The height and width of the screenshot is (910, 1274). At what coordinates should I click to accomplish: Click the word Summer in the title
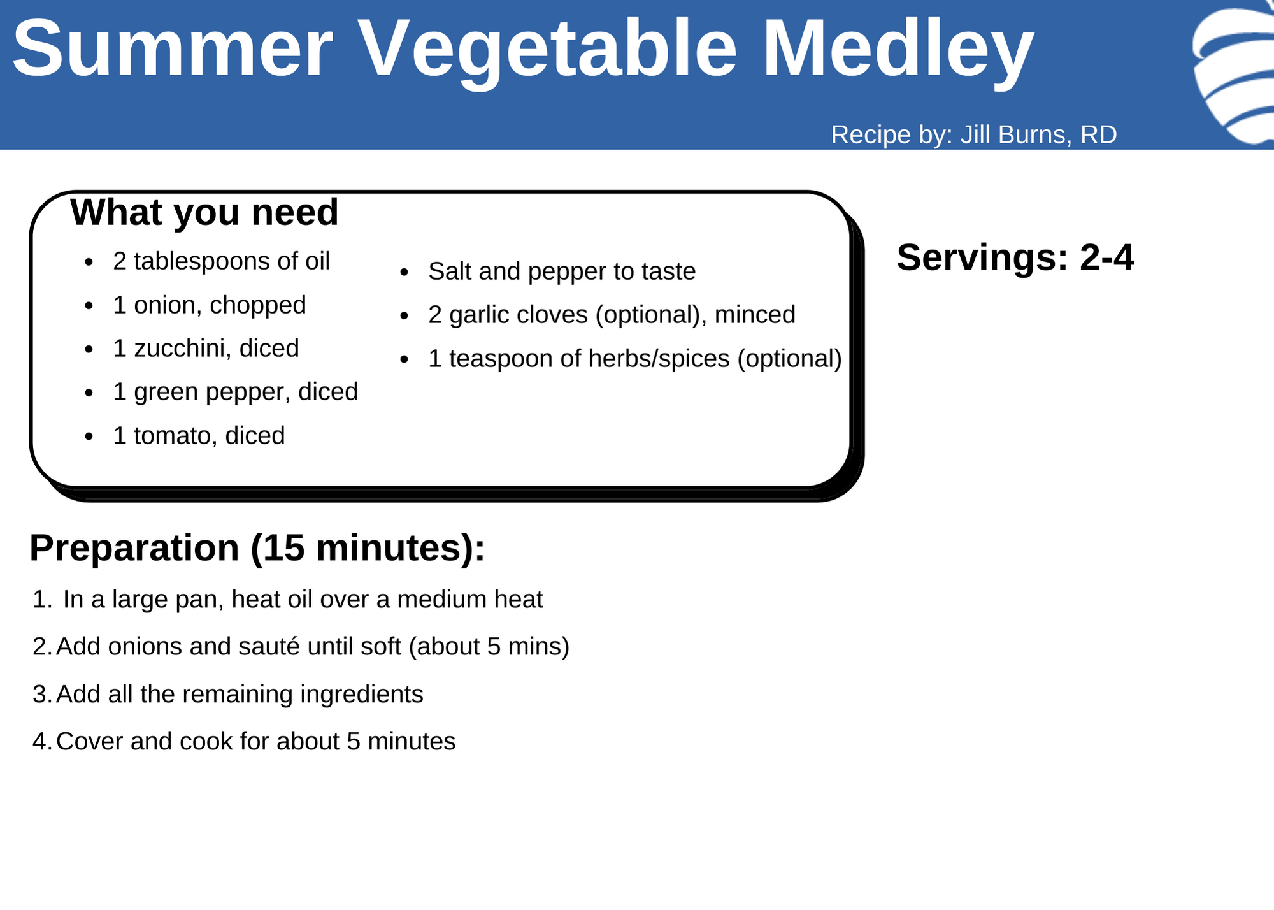pyautogui.click(x=173, y=49)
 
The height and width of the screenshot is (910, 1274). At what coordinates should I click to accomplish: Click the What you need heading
pyautogui.click(x=204, y=212)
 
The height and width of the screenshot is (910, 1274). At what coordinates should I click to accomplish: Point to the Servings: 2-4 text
pyautogui.click(x=1015, y=257)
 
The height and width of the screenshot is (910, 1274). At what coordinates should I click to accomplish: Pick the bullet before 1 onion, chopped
pyautogui.click(x=89, y=307)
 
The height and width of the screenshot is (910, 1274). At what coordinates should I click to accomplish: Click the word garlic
pyautogui.click(x=486, y=315)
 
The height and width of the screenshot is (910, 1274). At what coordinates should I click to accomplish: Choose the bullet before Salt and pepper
pyautogui.click(x=404, y=273)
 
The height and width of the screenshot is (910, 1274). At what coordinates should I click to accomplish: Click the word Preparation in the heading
pyautogui.click(x=134, y=548)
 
